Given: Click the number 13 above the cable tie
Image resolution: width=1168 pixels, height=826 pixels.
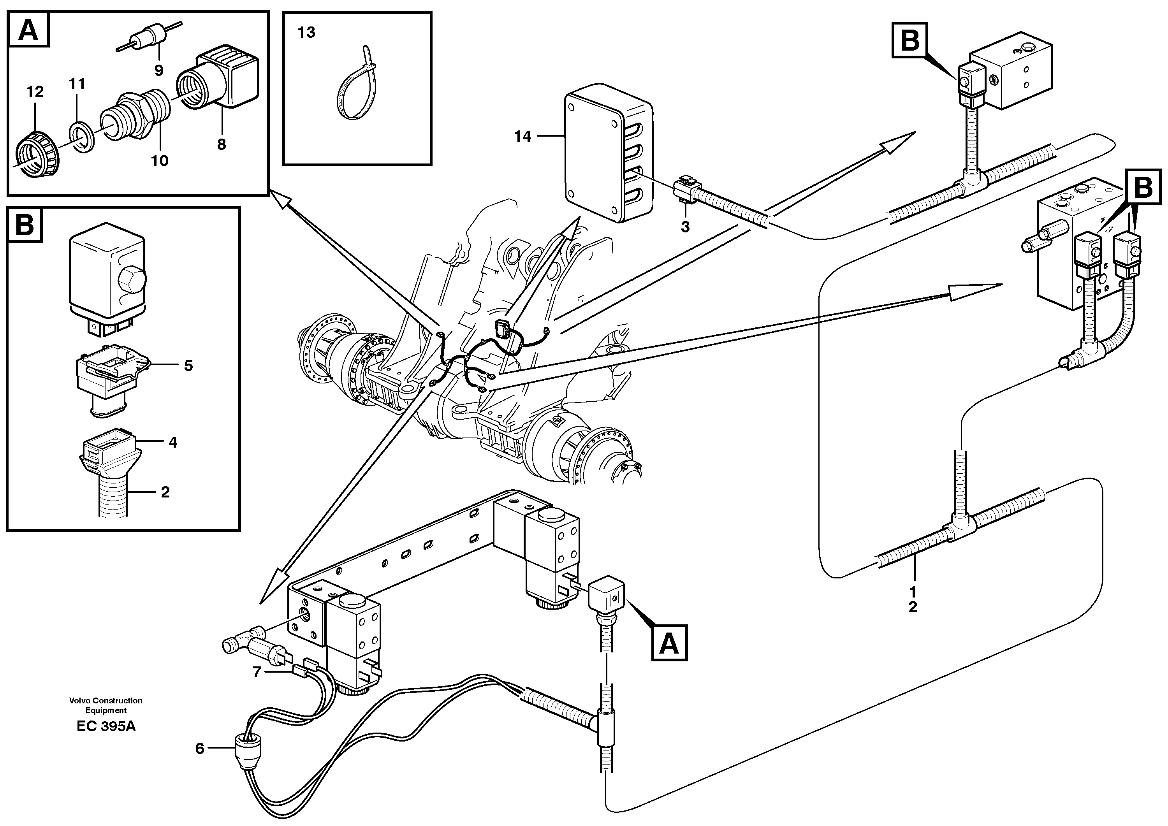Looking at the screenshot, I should pos(306,33).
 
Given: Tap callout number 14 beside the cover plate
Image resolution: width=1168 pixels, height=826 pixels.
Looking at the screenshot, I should pos(522,136).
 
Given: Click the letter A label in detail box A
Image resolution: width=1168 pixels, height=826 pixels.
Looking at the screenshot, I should pos(28,30).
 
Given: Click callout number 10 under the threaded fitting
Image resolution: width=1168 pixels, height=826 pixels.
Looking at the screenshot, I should pos(159,161).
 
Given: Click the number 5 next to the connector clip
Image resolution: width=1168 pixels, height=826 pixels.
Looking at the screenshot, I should pos(188,366).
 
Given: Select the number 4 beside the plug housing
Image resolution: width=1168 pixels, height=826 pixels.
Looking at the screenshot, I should pos(172,443).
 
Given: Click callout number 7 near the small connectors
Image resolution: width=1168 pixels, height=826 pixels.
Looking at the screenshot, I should pos(257,672).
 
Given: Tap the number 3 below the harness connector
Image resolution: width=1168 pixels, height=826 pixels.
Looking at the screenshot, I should pos(685,227).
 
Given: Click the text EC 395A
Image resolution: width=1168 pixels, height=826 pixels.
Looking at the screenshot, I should pos(106,726).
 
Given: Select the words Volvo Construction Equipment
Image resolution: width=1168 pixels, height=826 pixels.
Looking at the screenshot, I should pos(106,705).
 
